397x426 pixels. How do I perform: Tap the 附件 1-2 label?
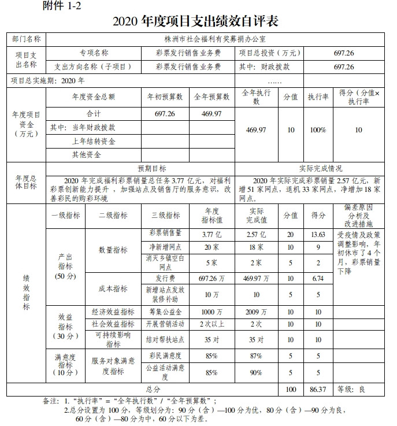point(61,6)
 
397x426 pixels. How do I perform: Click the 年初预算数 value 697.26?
point(165,114)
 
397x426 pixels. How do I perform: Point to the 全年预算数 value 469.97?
point(212,114)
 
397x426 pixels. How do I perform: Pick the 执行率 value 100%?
point(318,130)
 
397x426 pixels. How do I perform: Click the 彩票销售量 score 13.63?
point(318,234)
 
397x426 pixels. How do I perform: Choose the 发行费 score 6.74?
point(318,279)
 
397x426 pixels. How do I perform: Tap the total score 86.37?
point(318,390)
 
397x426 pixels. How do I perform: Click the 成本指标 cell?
point(113,287)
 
